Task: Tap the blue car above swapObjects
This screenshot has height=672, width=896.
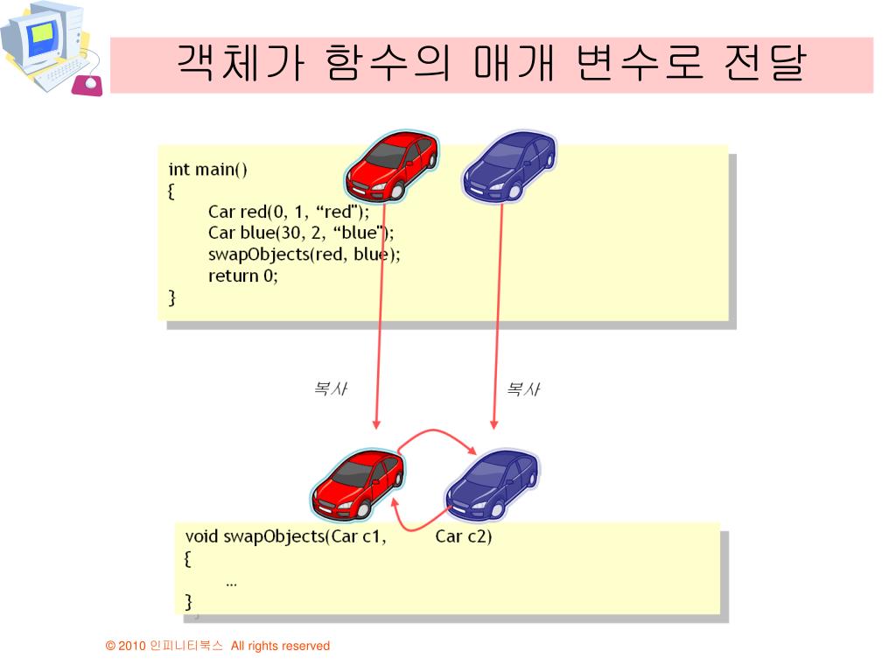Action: [x=492, y=483]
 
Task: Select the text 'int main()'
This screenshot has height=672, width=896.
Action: [x=208, y=169]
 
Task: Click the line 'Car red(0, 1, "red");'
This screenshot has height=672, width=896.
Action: [x=289, y=212]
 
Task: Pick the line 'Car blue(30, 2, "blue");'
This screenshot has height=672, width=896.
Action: [x=301, y=233]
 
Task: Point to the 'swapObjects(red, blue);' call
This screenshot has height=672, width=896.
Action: [x=304, y=255]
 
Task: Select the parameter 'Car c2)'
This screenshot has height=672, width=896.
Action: [x=464, y=536]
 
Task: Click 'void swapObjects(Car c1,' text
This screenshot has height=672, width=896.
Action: [x=285, y=536]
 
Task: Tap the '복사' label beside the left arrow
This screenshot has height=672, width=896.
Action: [x=331, y=389]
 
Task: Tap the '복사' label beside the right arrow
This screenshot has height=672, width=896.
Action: [x=523, y=389]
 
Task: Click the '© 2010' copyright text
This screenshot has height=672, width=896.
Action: [x=124, y=647]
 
